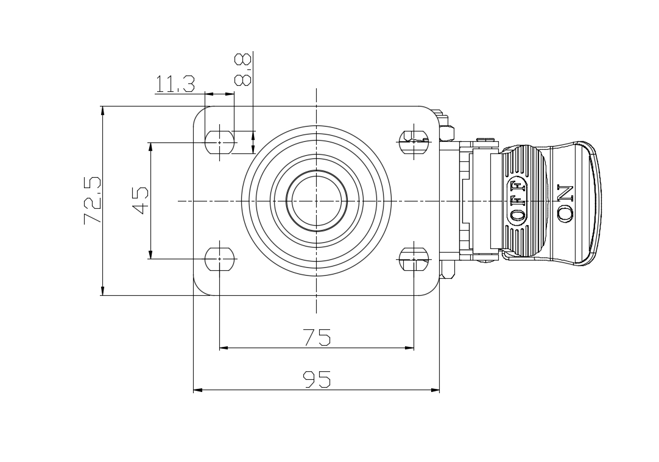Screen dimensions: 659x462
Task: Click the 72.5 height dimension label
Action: (x=93, y=200)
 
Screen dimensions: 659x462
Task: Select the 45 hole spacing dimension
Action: (x=140, y=201)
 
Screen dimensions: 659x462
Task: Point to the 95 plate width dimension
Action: (x=317, y=379)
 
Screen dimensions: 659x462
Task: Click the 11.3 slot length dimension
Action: (x=175, y=84)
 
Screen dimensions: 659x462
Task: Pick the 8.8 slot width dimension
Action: (x=243, y=69)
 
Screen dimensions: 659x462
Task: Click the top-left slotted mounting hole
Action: (x=219, y=142)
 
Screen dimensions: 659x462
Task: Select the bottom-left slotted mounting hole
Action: (x=219, y=259)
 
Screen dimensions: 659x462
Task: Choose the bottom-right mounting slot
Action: (x=414, y=259)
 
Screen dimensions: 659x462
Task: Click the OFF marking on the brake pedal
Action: (x=517, y=200)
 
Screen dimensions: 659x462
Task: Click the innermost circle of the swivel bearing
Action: (x=317, y=201)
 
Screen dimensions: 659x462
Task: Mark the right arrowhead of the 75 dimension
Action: (x=409, y=348)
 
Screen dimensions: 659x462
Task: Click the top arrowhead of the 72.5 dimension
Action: (x=102, y=111)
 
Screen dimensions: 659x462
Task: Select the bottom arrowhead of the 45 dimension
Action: (x=150, y=254)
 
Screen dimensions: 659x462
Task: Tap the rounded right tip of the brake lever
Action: (x=597, y=201)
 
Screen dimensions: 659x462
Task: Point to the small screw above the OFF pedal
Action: (x=487, y=139)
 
